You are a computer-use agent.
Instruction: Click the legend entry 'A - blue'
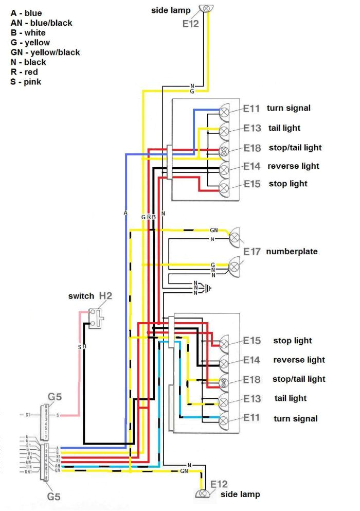click(x=26, y=13)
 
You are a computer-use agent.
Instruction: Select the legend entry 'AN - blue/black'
click(x=41, y=23)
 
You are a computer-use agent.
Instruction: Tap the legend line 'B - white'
click(x=28, y=32)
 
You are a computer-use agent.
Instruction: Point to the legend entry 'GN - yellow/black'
click(x=45, y=52)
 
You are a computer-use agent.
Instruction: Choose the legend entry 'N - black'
click(x=28, y=62)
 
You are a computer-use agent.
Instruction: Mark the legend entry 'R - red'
click(x=25, y=72)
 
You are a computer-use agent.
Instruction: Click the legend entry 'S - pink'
click(x=26, y=82)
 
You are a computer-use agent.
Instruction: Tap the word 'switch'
click(x=81, y=296)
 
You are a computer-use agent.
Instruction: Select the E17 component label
click(x=252, y=252)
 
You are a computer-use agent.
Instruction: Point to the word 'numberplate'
click(x=292, y=252)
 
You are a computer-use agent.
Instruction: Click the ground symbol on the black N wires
click(x=208, y=288)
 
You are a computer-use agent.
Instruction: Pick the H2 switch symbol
click(x=96, y=318)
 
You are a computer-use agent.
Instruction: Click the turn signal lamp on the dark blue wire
click(x=225, y=110)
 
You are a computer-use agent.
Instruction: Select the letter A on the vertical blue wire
click(x=125, y=212)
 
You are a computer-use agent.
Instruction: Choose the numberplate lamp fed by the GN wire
click(x=235, y=237)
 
